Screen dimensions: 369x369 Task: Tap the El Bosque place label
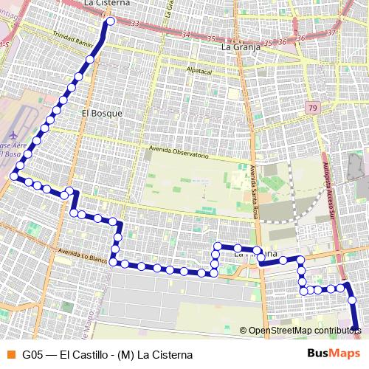pyautogui.click(x=101, y=114)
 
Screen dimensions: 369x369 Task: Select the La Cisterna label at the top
pyautogui.click(x=108, y=4)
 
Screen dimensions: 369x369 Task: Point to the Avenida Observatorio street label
pyautogui.click(x=178, y=152)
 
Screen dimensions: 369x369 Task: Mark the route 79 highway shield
pyautogui.click(x=314, y=108)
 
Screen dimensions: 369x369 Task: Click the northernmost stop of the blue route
pyautogui.click(x=110, y=22)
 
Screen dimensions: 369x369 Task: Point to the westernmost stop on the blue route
pyautogui.click(x=14, y=175)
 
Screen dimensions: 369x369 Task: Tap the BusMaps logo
pyautogui.click(x=332, y=354)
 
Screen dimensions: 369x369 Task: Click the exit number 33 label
pyautogui.click(x=134, y=24)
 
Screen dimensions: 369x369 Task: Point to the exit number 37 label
pyautogui.click(x=331, y=32)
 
